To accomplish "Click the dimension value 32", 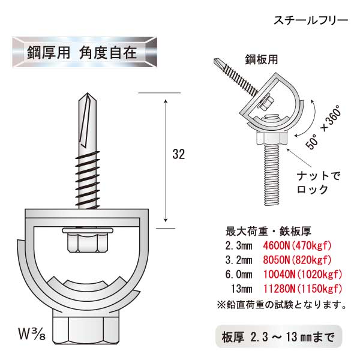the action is (178, 154).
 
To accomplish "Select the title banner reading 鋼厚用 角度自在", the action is (85, 52).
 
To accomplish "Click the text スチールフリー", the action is (311, 20).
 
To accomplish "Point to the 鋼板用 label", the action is (261, 59).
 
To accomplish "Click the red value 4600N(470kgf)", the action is (298, 245).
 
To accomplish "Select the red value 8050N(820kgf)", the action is (298, 260).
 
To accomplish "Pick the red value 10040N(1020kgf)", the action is (302, 274).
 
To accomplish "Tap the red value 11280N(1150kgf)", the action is (302, 289).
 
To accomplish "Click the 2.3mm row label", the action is (239, 245).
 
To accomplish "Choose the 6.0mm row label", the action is (239, 274).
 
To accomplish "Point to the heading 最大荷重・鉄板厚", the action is (268, 232).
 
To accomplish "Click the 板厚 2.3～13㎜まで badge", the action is (279, 337).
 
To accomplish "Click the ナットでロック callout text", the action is (318, 183).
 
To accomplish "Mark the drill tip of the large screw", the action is (87, 93).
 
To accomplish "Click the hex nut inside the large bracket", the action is (87, 242).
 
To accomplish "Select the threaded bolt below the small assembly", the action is (272, 175).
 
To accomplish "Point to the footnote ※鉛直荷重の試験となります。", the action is (281, 305).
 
